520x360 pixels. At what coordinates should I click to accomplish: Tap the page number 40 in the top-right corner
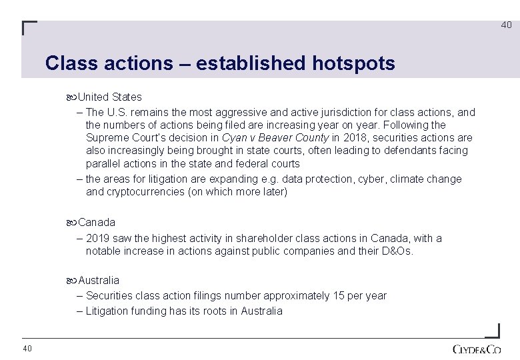[506, 25]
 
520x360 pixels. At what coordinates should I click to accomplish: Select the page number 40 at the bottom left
[27, 349]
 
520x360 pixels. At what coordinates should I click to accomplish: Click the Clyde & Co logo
[476, 349]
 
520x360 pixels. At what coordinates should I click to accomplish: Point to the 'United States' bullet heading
[109, 97]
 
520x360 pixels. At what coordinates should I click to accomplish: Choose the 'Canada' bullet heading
[97, 222]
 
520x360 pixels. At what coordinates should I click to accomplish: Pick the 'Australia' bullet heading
[99, 280]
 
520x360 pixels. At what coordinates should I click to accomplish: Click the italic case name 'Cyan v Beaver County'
[275, 137]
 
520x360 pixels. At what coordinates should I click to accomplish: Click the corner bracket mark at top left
[29, 28]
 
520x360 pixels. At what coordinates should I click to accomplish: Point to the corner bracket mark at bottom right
[492, 331]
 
